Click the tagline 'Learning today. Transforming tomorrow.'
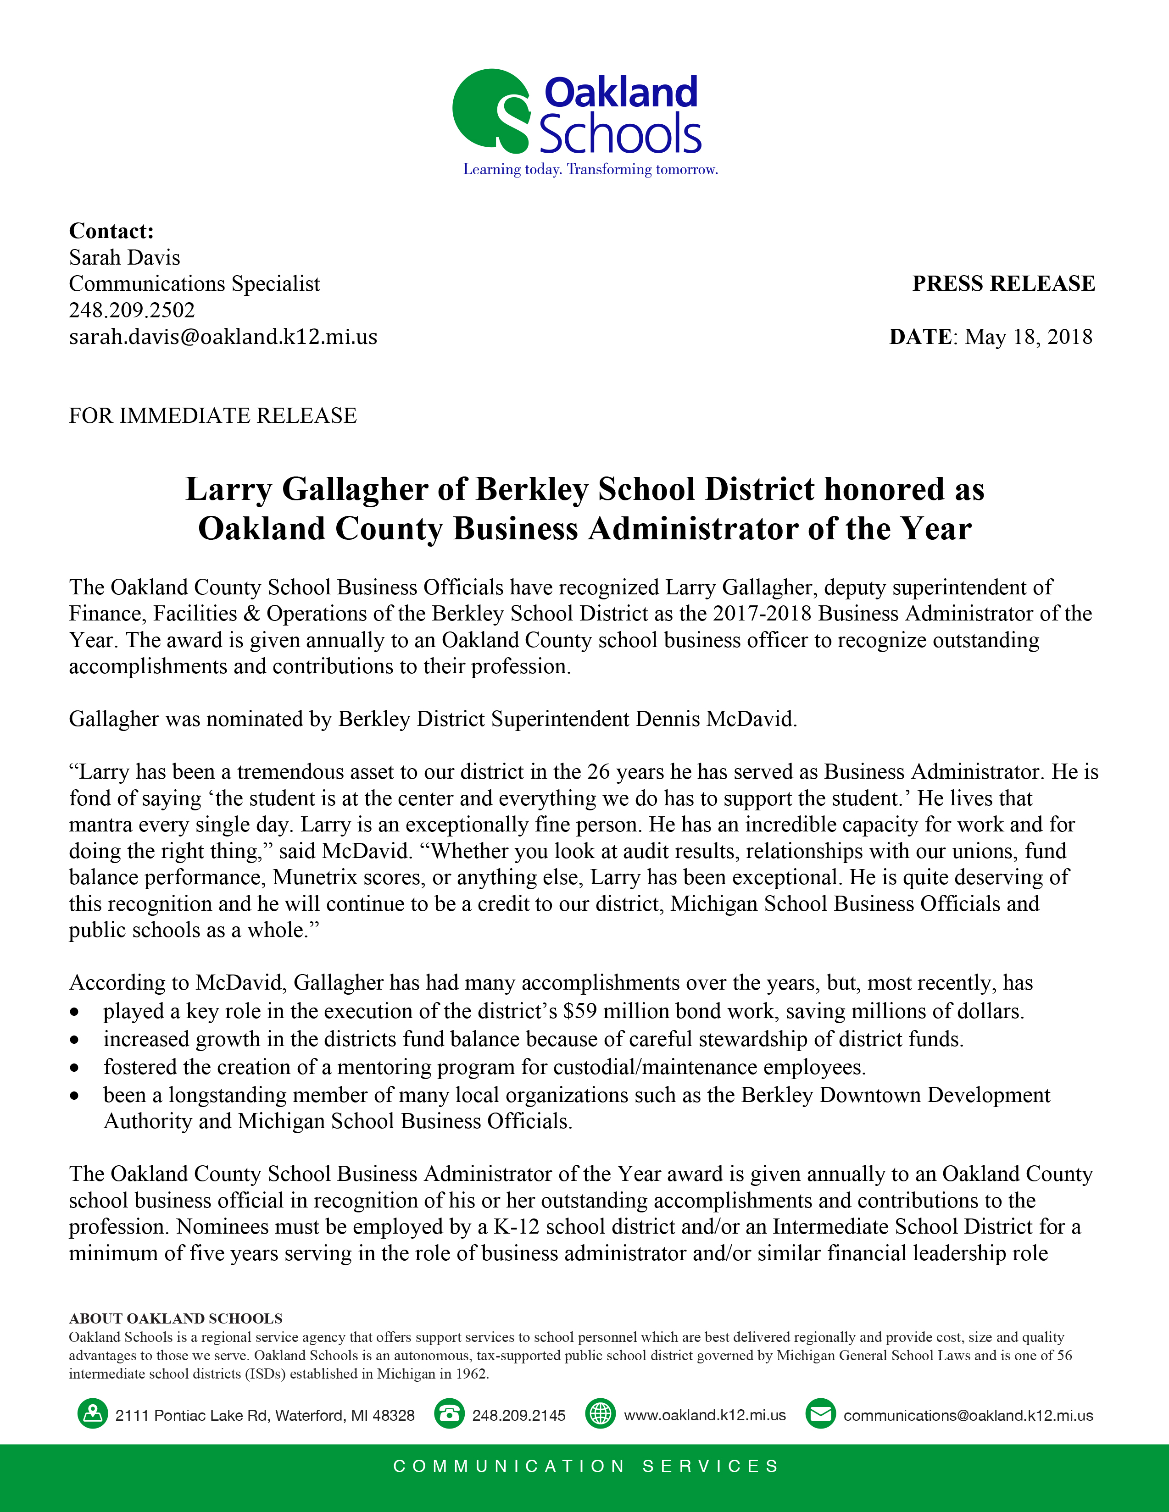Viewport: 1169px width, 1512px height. tap(590, 170)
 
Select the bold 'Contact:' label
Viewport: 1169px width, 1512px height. tap(111, 231)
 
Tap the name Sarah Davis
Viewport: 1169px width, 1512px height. tap(125, 258)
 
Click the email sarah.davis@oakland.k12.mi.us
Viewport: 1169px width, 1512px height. tap(223, 337)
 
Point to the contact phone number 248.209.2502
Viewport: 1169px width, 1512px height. tap(132, 310)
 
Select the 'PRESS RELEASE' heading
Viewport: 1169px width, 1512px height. tap(1003, 284)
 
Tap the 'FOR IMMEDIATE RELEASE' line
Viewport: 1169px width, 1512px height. tap(212, 415)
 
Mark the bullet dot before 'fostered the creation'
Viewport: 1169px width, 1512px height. tap(75, 1068)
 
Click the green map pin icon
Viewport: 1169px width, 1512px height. tap(92, 1414)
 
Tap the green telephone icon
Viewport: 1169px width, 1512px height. tap(449, 1414)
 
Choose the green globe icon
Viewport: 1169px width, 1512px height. tap(600, 1414)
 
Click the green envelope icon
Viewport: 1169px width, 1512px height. tap(821, 1414)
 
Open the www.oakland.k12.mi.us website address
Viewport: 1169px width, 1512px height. tap(705, 1415)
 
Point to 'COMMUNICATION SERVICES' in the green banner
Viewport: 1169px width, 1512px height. tap(586, 1466)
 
